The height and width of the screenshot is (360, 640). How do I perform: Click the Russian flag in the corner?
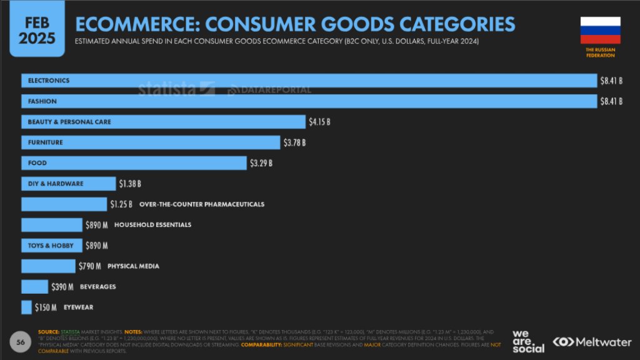(x=600, y=30)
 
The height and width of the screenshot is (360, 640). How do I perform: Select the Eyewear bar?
(x=26, y=307)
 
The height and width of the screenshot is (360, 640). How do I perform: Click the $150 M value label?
(x=45, y=307)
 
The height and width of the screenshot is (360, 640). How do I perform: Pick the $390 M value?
(x=62, y=287)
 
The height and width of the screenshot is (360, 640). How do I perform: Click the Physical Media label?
(x=133, y=266)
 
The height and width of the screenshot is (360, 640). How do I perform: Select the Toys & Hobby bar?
(x=51, y=246)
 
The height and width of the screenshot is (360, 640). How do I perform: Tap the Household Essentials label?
(x=152, y=225)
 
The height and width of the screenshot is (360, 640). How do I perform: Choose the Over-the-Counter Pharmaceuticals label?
(x=201, y=204)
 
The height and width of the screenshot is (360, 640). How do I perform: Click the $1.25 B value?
(x=121, y=204)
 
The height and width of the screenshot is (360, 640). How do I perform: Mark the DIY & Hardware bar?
(x=68, y=184)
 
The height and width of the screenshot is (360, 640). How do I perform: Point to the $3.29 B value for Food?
(x=261, y=163)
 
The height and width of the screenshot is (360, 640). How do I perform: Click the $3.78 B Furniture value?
(x=294, y=142)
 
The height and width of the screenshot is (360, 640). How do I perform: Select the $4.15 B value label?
(x=319, y=122)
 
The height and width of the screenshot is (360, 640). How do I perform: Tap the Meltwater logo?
(x=591, y=342)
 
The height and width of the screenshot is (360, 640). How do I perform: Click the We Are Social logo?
(x=528, y=341)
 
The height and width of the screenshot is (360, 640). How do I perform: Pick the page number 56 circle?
(x=20, y=342)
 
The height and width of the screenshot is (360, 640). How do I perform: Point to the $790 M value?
(x=90, y=266)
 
